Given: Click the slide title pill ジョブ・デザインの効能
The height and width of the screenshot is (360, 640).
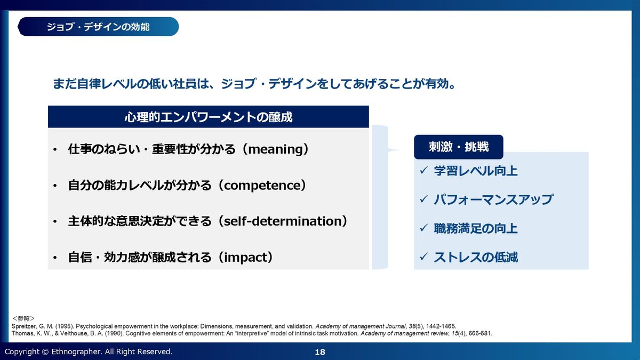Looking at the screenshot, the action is point(98,27).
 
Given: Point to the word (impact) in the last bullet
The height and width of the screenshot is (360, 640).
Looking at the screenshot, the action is point(245,257).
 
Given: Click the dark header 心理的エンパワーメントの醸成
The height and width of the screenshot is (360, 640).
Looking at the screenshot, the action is point(209,117).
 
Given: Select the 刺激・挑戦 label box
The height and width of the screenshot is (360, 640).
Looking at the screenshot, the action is point(459,147).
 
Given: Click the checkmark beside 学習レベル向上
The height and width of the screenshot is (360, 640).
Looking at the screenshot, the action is point(423,170).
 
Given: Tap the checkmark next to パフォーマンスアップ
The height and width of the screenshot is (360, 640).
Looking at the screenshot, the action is point(423,199).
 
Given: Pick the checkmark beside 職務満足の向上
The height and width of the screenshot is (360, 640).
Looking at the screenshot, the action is point(423,228).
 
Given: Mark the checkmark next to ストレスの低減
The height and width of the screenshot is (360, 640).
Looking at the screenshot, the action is point(423,257).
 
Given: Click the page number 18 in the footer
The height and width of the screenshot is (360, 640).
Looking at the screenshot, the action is point(320,352).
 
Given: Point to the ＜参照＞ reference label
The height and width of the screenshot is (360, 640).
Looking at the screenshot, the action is point(23,318).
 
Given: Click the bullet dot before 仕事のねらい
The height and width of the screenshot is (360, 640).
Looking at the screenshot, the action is point(55,149).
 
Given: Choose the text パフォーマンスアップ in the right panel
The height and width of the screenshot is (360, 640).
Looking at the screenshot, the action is point(494,199).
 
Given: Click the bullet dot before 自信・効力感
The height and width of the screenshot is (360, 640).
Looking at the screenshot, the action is point(55,258).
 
